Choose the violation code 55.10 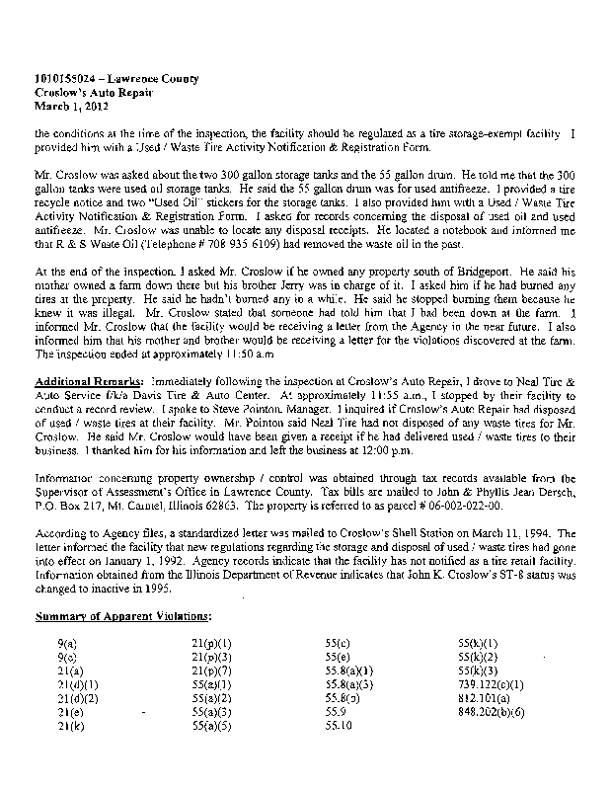point(339,725)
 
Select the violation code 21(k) point(68,726)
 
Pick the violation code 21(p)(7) point(210,670)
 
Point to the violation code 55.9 point(335,711)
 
